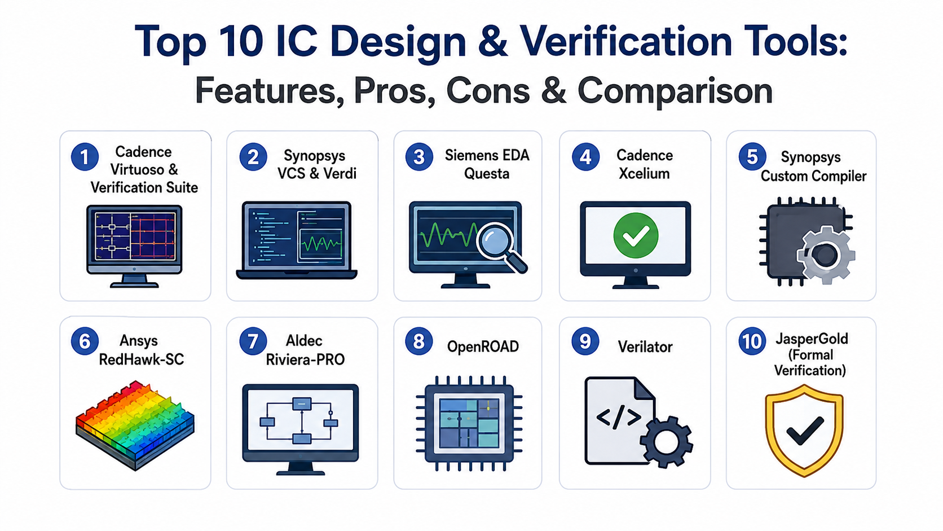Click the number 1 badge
tap(85, 157)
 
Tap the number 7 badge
tap(253, 341)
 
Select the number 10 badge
tap(752, 341)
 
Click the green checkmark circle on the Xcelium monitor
tap(636, 235)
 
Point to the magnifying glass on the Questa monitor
tap(501, 247)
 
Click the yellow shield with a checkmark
tap(804, 431)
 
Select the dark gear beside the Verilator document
tap(666, 442)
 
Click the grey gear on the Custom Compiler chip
tap(826, 254)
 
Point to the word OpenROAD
tap(483, 346)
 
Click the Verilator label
tap(645, 346)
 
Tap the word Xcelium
tap(644, 173)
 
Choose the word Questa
tap(487, 173)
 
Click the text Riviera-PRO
tap(305, 359)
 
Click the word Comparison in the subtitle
tap(675, 91)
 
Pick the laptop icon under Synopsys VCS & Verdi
tap(297, 240)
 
